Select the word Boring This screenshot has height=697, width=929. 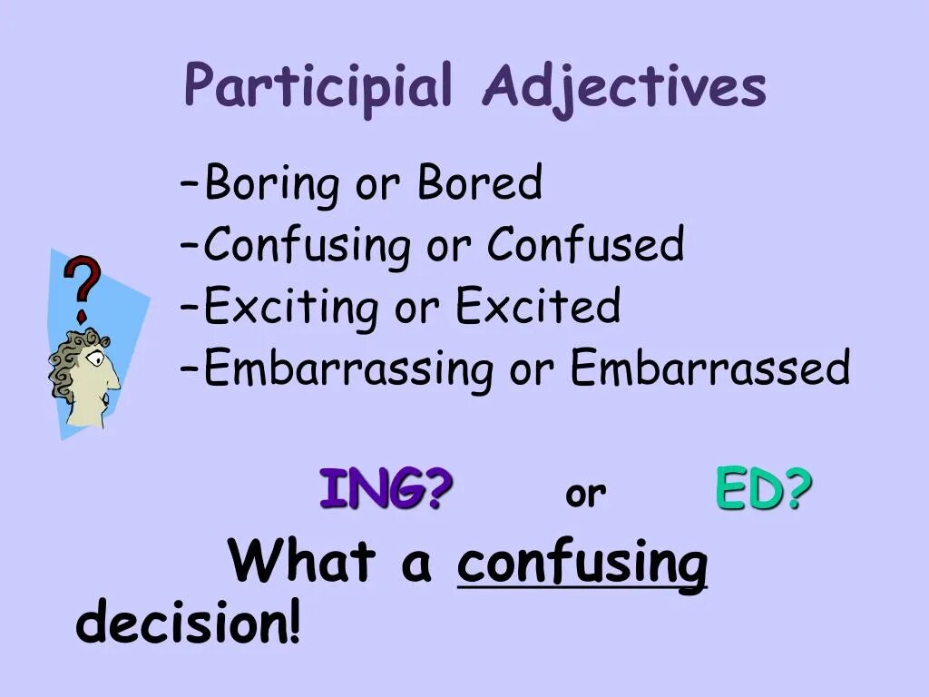click(x=271, y=185)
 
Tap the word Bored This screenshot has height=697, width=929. click(x=479, y=183)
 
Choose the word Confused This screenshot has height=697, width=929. click(x=585, y=245)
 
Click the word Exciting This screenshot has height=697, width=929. click(x=290, y=308)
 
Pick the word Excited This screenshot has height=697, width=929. click(x=538, y=306)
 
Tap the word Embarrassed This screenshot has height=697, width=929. click(x=709, y=368)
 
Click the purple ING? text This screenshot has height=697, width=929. click(x=386, y=490)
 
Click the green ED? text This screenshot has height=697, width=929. click(x=763, y=490)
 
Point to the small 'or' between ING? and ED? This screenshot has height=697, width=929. click(x=585, y=495)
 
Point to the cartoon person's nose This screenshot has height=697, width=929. click(x=115, y=381)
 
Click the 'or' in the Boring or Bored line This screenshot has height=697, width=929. click(x=376, y=185)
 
